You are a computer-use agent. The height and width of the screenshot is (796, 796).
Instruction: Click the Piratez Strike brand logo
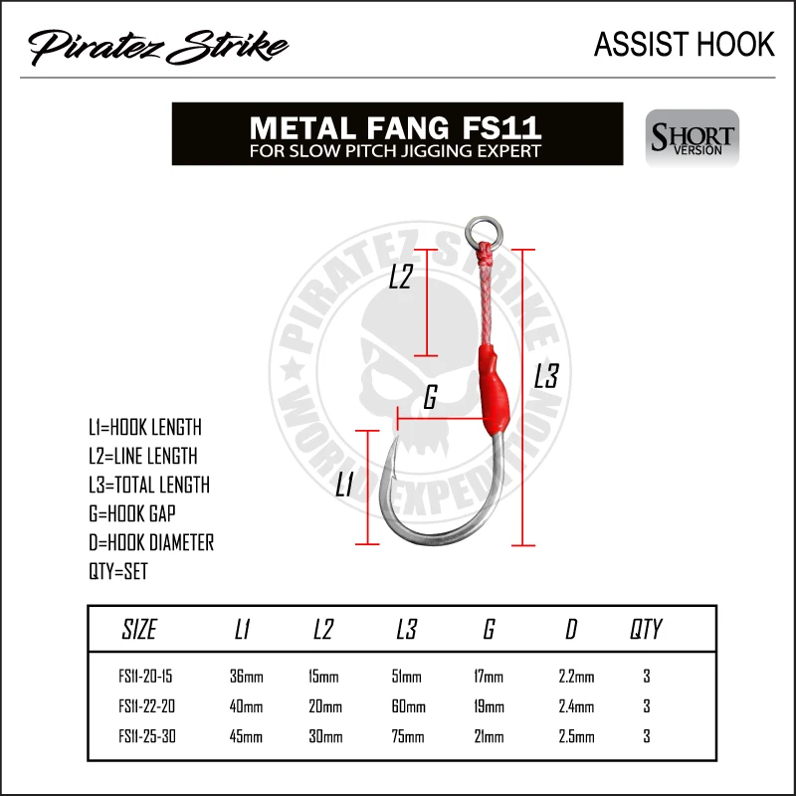pyautogui.click(x=158, y=46)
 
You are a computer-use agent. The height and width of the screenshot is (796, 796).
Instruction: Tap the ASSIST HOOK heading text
pyautogui.click(x=684, y=44)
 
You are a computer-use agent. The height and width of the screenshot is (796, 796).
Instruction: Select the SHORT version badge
pyautogui.click(x=693, y=137)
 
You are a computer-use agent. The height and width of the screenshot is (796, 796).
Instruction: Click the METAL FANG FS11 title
pyautogui.click(x=396, y=128)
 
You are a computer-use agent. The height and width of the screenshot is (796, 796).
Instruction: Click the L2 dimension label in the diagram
pyautogui.click(x=400, y=277)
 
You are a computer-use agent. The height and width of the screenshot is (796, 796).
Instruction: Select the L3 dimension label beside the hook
pyautogui.click(x=546, y=376)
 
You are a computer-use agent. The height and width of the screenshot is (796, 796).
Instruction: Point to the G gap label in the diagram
pyautogui.click(x=430, y=398)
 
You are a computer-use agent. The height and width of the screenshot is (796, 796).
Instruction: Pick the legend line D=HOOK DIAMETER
pyautogui.click(x=150, y=542)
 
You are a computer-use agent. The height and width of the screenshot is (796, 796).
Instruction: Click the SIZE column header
pyautogui.click(x=139, y=629)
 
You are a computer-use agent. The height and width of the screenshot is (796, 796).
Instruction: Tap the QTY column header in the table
pyautogui.click(x=646, y=629)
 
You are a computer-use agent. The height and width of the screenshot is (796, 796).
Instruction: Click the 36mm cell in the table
pyautogui.click(x=247, y=678)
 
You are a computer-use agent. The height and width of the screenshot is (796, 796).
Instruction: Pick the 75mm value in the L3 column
pyautogui.click(x=408, y=736)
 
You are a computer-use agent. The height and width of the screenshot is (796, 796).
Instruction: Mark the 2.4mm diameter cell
pyautogui.click(x=577, y=706)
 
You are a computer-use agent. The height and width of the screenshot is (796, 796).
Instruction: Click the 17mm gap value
pyautogui.click(x=490, y=678)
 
